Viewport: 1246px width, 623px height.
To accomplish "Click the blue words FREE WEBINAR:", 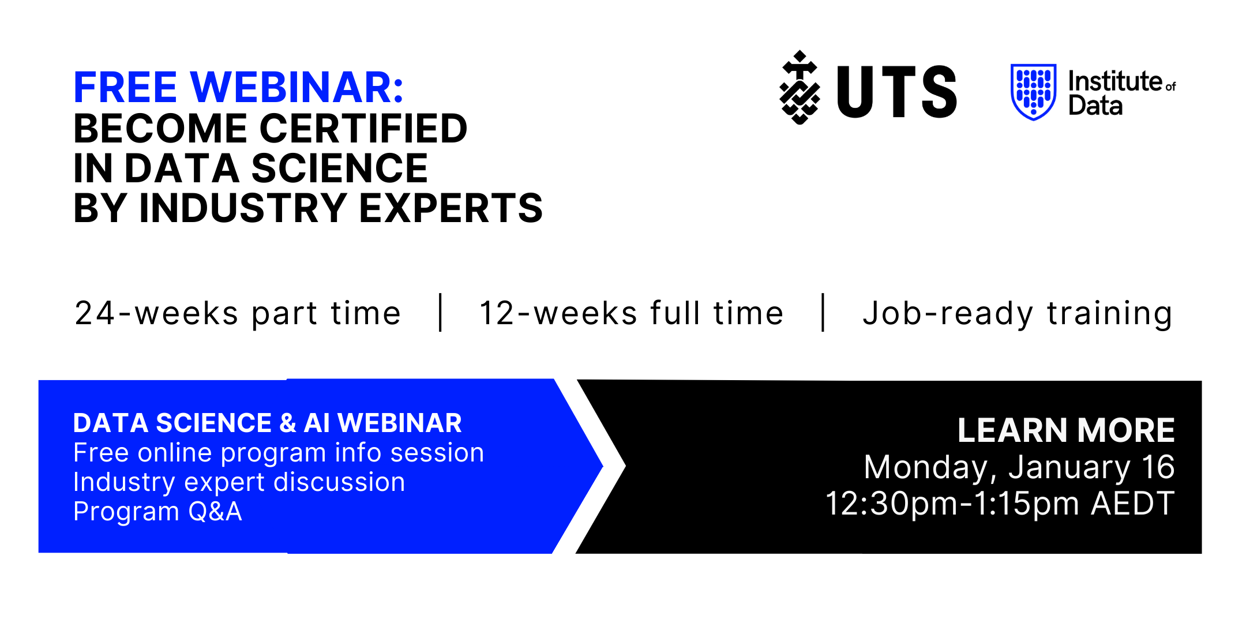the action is [238, 88].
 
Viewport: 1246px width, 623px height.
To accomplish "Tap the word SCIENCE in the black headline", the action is [339, 168].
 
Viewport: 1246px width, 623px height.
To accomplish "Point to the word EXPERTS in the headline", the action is [451, 208].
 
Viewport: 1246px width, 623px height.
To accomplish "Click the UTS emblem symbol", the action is [800, 88].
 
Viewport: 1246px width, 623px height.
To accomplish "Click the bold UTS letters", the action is [897, 92].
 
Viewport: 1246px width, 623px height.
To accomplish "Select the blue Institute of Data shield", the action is [1034, 92].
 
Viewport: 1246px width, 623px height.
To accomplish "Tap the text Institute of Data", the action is [1122, 93].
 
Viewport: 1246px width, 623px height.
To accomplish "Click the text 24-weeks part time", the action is [238, 314].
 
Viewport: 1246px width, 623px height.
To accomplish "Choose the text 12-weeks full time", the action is [632, 313].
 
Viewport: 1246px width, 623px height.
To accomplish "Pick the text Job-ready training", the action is [1018, 314].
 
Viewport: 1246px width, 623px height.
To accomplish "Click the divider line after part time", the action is [441, 313].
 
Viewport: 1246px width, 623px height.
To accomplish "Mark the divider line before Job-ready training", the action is [823, 313].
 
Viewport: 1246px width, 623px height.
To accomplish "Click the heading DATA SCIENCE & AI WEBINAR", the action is [268, 423].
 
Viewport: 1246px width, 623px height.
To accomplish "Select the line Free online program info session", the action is [279, 453].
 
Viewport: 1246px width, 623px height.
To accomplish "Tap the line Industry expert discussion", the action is [239, 482].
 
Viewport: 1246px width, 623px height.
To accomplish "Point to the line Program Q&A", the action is [157, 512].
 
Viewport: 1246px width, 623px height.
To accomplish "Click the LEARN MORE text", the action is [1066, 430].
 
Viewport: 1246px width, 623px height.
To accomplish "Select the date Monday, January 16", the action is [1019, 467].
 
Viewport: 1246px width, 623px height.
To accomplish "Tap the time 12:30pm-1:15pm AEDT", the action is [1000, 504].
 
